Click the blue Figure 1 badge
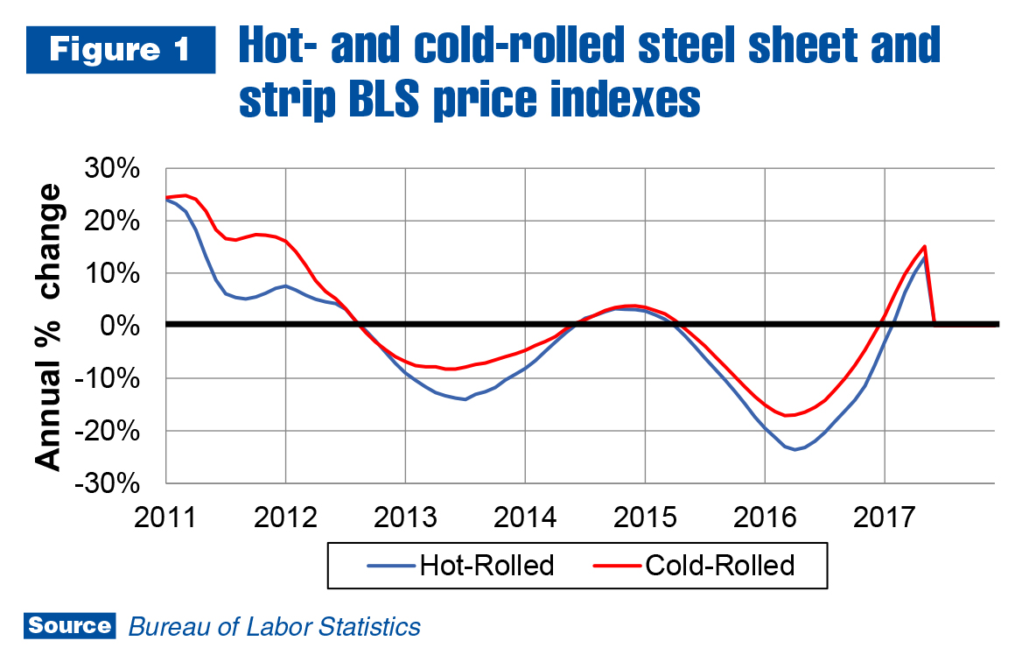click(121, 51)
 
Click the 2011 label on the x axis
click(166, 515)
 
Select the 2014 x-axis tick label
click(525, 515)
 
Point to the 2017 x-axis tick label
click(885, 515)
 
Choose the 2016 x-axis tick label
click(765, 515)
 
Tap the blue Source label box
click(69, 626)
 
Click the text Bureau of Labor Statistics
click(275, 627)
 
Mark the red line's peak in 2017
click(924, 247)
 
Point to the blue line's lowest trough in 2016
click(795, 449)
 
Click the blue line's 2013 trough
click(465, 399)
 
